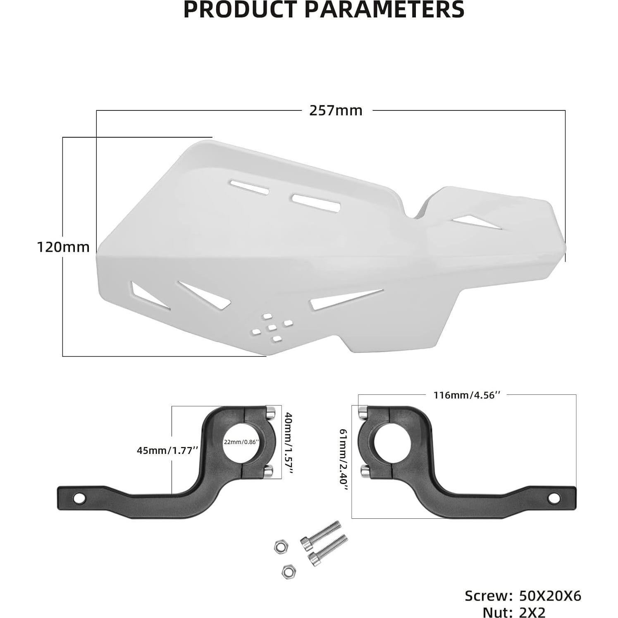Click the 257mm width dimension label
(x=336, y=111)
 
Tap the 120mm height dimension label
(x=63, y=247)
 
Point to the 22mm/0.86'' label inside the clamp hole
(x=241, y=441)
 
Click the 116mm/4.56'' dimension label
(x=467, y=395)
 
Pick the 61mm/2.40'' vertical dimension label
(x=343, y=460)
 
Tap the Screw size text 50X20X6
(x=550, y=596)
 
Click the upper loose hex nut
(x=281, y=547)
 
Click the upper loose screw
(x=321, y=535)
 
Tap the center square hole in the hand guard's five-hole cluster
(x=272, y=328)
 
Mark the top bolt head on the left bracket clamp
(x=270, y=412)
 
